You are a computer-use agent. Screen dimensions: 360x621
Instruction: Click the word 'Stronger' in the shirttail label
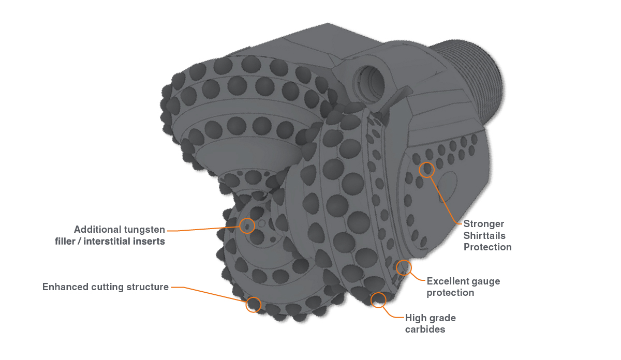[x=484, y=224]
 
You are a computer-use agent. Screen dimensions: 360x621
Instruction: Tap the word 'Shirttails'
[x=484, y=235]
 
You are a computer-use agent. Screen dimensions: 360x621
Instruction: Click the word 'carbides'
[x=425, y=329]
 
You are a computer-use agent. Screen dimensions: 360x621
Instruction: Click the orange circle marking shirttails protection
[x=426, y=170]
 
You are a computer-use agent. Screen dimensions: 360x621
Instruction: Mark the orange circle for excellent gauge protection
[x=404, y=267]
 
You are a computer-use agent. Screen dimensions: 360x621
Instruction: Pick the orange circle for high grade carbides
[x=379, y=299]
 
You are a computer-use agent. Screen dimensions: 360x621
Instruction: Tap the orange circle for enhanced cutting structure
[x=253, y=304]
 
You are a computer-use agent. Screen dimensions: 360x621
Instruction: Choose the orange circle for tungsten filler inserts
[x=248, y=226]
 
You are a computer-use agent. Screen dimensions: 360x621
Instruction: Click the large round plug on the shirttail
[x=446, y=185]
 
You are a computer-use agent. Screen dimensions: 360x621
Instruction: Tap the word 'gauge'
[x=485, y=281]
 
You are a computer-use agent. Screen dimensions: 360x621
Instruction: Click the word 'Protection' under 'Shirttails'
[x=487, y=247]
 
